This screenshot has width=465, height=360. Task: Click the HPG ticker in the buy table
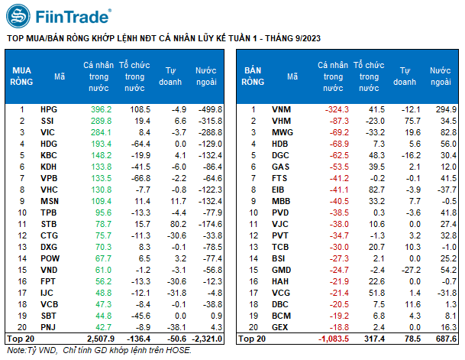pyautogui.click(x=50, y=110)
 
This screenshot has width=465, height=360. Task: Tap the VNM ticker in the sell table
pyautogui.click(x=281, y=110)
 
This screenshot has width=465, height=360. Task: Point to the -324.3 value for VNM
pyautogui.click(x=334, y=110)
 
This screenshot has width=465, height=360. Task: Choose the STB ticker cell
pyautogui.click(x=50, y=224)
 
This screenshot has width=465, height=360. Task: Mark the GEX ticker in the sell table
pyautogui.click(x=281, y=326)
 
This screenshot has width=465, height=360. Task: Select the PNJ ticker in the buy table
pyautogui.click(x=50, y=326)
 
